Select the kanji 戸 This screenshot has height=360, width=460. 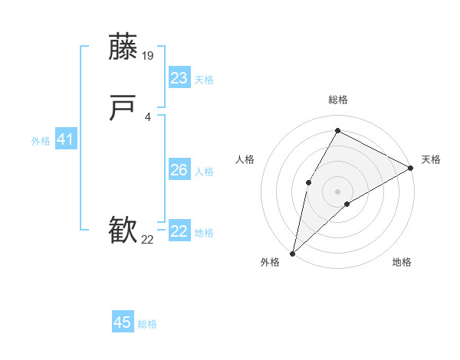tap(123, 110)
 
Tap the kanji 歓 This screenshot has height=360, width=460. tap(123, 230)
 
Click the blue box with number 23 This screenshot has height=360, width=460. tap(179, 78)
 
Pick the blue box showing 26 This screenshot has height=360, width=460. tap(179, 170)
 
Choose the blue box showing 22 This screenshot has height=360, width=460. tap(179, 231)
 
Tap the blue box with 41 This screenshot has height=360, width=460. tap(65, 139)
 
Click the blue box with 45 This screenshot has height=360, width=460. tap(123, 322)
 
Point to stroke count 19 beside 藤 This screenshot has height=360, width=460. tap(149, 55)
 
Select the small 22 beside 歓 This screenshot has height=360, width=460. tap(148, 240)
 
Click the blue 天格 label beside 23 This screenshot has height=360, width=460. tap(204, 80)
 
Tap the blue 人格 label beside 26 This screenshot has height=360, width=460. tap(204, 172)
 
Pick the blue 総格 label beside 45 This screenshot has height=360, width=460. tap(147, 324)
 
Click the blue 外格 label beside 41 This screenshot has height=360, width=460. tap(41, 141)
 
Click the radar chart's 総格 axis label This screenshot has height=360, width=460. tap(337, 100)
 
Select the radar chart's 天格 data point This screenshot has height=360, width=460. tap(411, 168)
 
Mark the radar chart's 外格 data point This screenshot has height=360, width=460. tap(292, 253)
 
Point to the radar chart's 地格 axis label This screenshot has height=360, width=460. tap(402, 262)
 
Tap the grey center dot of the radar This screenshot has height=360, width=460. tap(337, 191)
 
